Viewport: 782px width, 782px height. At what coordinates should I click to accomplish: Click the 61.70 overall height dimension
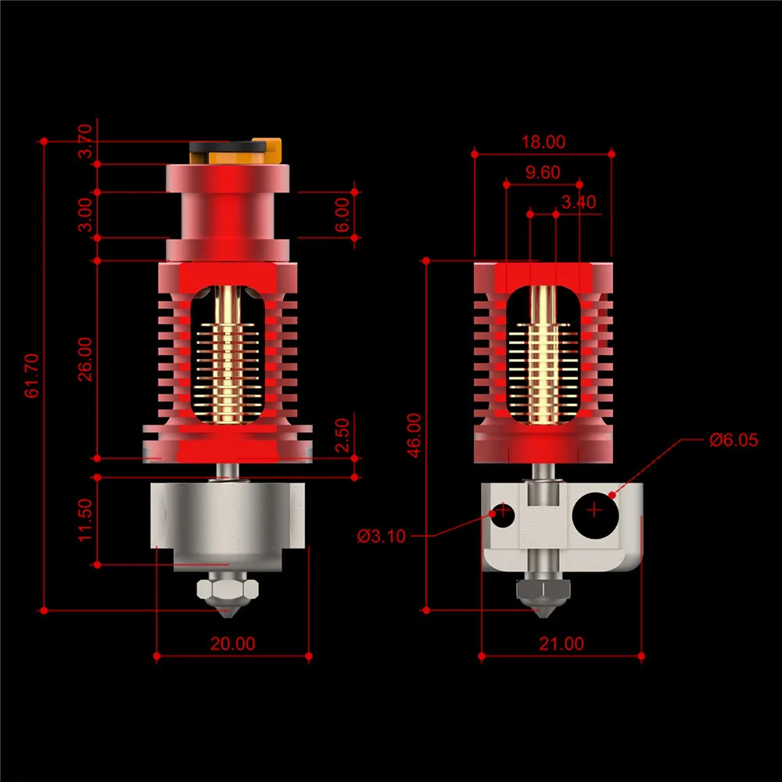click(x=32, y=375)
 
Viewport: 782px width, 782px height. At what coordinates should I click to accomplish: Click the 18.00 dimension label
click(x=543, y=142)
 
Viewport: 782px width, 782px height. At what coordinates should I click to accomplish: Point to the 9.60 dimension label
click(x=542, y=173)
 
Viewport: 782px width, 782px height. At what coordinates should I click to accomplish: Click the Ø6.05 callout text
click(x=734, y=439)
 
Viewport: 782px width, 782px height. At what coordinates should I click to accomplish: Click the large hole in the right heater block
click(x=595, y=511)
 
